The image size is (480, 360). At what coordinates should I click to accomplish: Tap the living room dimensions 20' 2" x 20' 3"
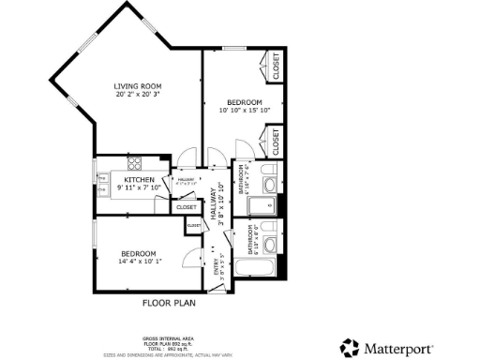(138, 95)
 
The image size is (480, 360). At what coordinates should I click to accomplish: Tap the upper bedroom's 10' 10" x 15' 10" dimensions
(244, 111)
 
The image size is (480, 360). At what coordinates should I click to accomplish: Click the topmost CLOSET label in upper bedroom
(276, 67)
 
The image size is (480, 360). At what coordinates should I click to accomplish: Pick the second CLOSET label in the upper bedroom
(276, 142)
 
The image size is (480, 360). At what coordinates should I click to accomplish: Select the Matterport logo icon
(350, 347)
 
